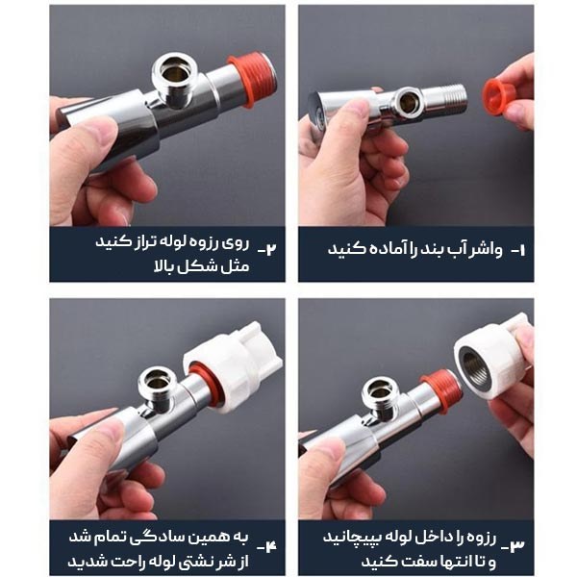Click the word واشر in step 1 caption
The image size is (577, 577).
[486, 250]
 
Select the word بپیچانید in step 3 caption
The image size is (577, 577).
[351, 538]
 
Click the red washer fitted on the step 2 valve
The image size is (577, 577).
[250, 82]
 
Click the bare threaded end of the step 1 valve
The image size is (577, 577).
[447, 95]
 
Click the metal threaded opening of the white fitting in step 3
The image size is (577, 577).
[475, 368]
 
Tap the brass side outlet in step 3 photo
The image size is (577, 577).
[380, 392]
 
